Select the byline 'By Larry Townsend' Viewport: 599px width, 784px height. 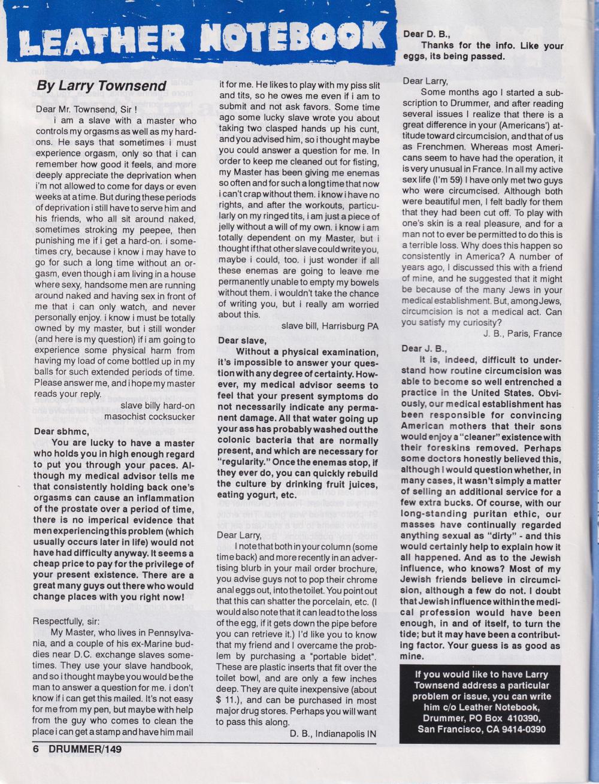pos(101,85)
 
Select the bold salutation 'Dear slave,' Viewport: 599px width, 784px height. pos(241,340)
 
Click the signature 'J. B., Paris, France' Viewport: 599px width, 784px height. pos(522,334)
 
